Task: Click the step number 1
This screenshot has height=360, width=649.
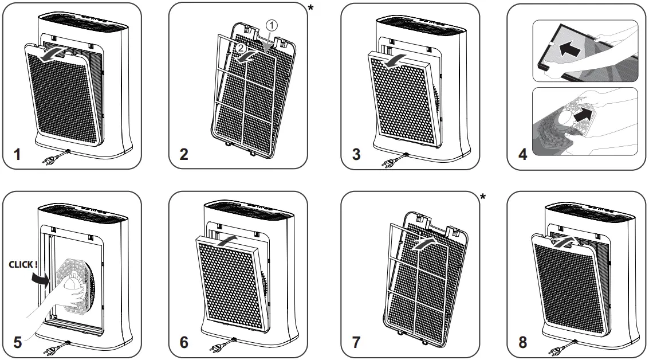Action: [18, 155]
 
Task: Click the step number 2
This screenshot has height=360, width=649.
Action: [184, 155]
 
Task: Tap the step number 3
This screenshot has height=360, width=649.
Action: [357, 155]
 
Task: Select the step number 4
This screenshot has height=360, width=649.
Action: [522, 155]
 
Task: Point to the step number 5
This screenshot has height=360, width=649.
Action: [18, 342]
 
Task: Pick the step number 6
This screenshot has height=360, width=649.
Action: [184, 342]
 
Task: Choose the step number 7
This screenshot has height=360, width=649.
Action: [357, 342]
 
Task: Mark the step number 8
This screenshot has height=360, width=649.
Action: [522, 342]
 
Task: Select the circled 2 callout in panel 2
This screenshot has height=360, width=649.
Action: [241, 48]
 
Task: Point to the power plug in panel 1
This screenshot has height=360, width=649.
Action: [52, 159]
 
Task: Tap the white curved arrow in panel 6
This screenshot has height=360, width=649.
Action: [225, 237]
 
